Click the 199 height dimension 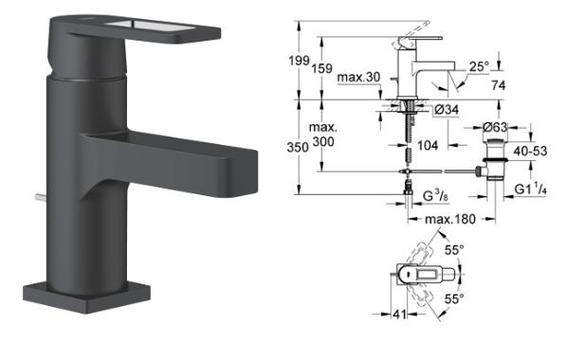point(299,61)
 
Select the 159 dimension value point(321,68)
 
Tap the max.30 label point(358,77)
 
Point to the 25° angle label point(479,66)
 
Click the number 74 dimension point(499,85)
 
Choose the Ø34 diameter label point(446,110)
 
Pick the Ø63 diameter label point(495,127)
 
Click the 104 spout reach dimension point(428,145)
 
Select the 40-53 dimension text point(530,151)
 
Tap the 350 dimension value point(298,148)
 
